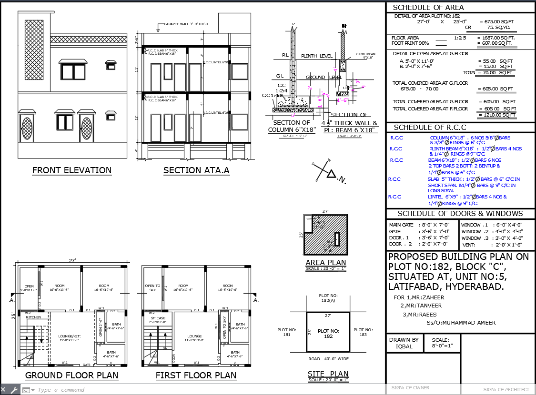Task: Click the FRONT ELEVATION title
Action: pyautogui.click(x=72, y=170)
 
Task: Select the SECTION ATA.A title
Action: pyautogui.click(x=196, y=170)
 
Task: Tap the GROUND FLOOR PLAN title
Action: pyautogui.click(x=71, y=375)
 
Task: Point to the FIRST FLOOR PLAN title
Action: pyautogui.click(x=196, y=375)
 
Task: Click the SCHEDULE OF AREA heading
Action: pyautogui.click(x=428, y=7)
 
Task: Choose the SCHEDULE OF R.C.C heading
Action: pyautogui.click(x=430, y=127)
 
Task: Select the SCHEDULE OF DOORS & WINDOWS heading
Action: pyautogui.click(x=460, y=214)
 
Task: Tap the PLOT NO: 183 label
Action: pyautogui.click(x=363, y=332)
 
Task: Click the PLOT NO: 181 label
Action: pyautogui.click(x=287, y=332)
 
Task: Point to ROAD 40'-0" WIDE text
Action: pyautogui.click(x=328, y=359)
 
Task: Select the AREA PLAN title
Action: pyautogui.click(x=326, y=263)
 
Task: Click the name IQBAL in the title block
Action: pyautogui.click(x=403, y=346)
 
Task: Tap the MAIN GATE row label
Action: pyautogui.click(x=401, y=225)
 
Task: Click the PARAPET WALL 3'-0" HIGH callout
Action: pyautogui.click(x=186, y=24)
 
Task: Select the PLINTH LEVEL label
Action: pyautogui.click(x=316, y=56)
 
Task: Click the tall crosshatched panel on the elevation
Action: pyautogui.click(x=32, y=50)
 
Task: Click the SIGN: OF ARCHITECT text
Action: pyautogui.click(x=506, y=389)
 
